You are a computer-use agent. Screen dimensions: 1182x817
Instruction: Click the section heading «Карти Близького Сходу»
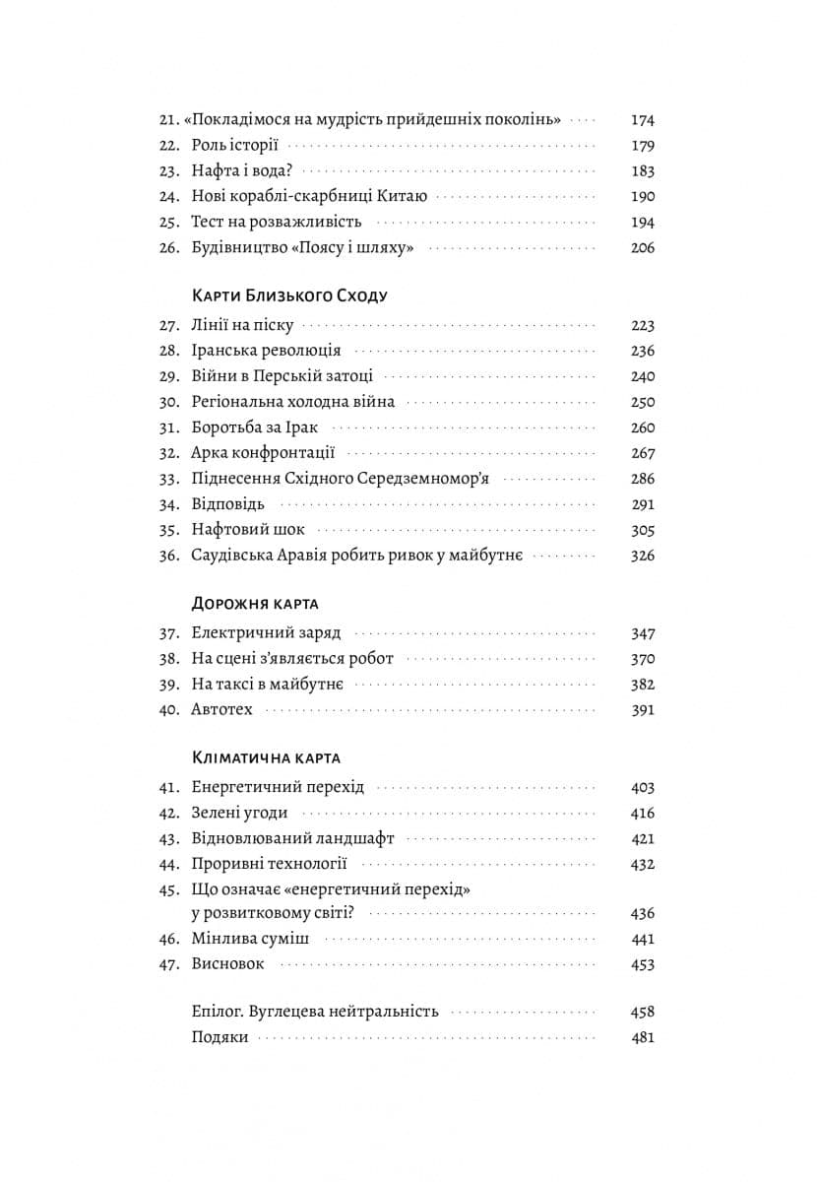click(x=289, y=295)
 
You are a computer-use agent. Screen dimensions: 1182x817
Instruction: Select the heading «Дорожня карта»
click(x=255, y=604)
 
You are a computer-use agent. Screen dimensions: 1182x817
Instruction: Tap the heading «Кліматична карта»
click(x=266, y=757)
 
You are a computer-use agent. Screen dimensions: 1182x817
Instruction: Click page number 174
click(x=642, y=120)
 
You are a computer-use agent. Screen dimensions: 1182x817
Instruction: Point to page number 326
click(x=642, y=556)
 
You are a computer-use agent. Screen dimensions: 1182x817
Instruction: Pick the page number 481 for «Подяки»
click(x=642, y=1037)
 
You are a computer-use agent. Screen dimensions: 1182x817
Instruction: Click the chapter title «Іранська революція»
click(x=266, y=351)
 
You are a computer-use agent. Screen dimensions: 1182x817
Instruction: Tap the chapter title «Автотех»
click(x=221, y=710)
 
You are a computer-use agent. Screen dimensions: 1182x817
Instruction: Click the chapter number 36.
click(x=168, y=556)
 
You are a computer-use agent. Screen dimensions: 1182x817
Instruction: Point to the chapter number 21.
click(x=167, y=120)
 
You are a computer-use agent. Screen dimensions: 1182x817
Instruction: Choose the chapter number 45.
click(x=168, y=889)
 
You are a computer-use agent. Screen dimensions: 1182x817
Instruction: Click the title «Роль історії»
click(x=235, y=146)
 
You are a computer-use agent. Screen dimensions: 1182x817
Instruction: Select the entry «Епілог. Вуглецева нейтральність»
click(x=315, y=1012)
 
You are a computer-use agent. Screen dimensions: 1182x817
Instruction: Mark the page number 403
click(x=642, y=787)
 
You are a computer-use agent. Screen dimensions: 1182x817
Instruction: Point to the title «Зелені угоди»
click(x=239, y=813)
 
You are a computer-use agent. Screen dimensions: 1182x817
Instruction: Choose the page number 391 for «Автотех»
click(x=642, y=710)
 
